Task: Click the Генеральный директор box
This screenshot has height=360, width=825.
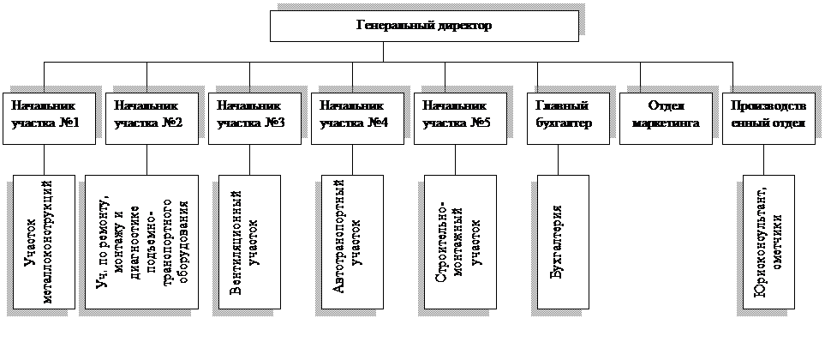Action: [424, 26]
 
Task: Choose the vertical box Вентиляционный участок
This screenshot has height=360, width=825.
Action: [248, 243]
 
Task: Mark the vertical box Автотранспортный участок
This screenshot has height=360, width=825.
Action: [351, 243]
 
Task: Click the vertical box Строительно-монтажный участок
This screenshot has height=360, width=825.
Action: [459, 243]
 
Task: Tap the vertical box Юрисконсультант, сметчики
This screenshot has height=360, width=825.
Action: [764, 243]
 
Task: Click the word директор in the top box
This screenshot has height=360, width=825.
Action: [463, 26]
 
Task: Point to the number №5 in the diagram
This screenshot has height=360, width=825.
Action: [481, 123]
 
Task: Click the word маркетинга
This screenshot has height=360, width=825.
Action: [666, 123]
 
